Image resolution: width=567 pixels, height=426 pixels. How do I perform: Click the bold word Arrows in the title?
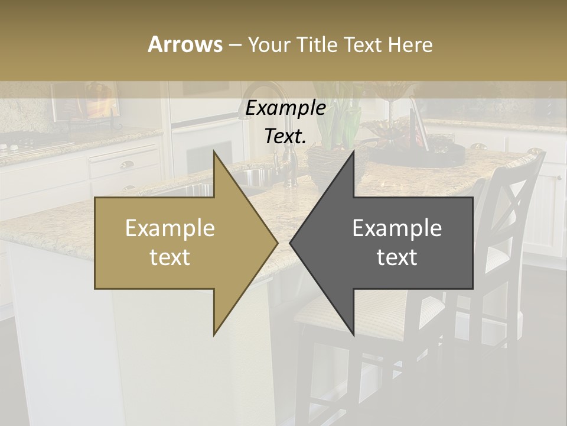coord(185,44)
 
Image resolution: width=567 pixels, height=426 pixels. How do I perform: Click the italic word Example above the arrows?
coord(285,108)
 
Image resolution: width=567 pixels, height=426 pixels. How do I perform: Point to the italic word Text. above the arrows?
coord(285,136)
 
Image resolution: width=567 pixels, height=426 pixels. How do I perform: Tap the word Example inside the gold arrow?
coord(170,228)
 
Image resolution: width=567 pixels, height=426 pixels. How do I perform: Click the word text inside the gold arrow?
coord(170,257)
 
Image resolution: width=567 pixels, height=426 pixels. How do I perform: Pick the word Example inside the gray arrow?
coord(397,228)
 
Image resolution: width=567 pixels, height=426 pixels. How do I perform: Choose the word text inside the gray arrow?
coord(397,257)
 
